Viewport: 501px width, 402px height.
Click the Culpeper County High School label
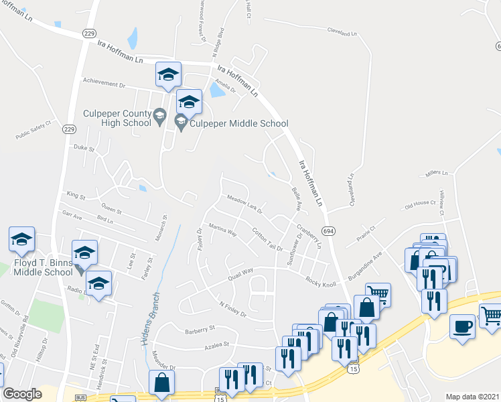[x=117, y=118]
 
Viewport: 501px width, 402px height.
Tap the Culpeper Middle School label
[x=239, y=123]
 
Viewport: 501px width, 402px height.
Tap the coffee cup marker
[x=462, y=326]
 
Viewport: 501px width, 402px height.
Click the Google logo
[x=23, y=394]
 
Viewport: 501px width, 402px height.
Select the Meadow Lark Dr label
[x=244, y=202]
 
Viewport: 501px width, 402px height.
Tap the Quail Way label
[x=239, y=272]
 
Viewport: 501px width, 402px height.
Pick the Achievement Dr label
[x=104, y=85]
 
